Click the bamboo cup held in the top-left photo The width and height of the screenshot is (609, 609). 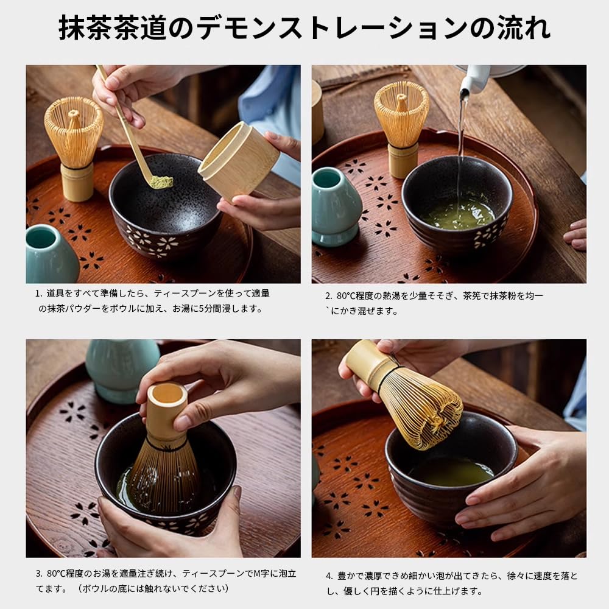239,160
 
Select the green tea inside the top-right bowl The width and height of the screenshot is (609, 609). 459,214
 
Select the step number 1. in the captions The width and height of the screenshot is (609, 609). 38,293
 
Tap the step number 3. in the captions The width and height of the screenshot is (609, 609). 38,573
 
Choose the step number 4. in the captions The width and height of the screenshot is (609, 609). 329,576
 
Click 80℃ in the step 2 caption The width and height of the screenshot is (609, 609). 349,296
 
